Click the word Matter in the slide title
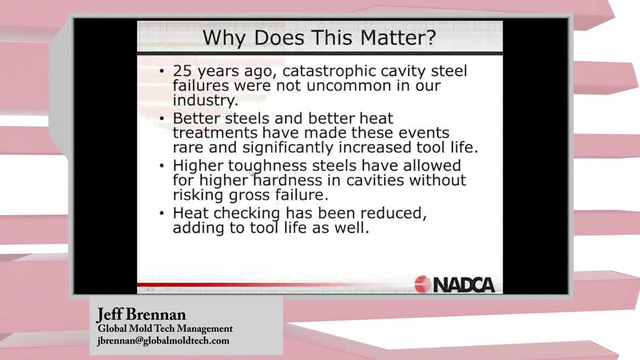pyautogui.click(x=398, y=37)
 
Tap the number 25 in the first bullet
pyautogui.click(x=182, y=70)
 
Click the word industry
pyautogui.click(x=205, y=100)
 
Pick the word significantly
pyautogui.click(x=288, y=148)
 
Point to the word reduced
pyautogui.click(x=372, y=213)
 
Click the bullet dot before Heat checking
pyautogui.click(x=162, y=213)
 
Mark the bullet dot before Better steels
pyautogui.click(x=162, y=118)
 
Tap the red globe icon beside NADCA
pyautogui.click(x=422, y=284)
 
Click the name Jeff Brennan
pyautogui.click(x=141, y=315)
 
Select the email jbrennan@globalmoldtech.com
pyautogui.click(x=163, y=341)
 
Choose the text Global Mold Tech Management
pyautogui.click(x=165, y=329)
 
